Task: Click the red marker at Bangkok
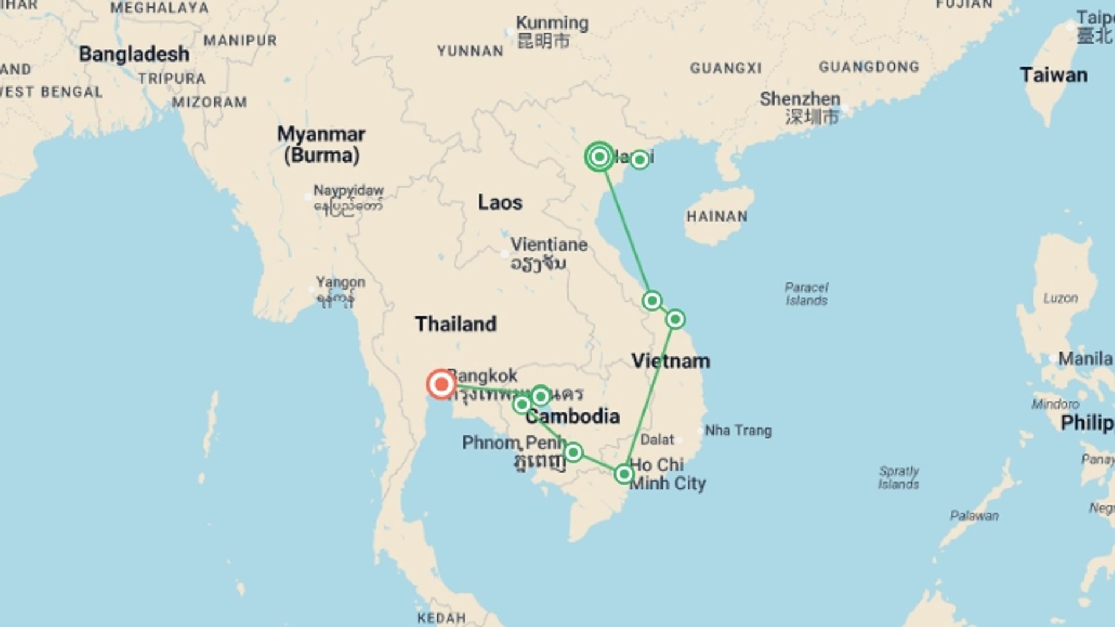[441, 384]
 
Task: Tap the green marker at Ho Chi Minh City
[624, 474]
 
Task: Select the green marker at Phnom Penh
[573, 452]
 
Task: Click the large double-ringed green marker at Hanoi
[599, 157]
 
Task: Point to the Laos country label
[500, 203]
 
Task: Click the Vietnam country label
[671, 361]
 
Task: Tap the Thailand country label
[456, 324]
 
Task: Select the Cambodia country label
[573, 416]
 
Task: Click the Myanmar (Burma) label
[321, 145]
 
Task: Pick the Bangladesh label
[134, 54]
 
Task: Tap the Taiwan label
[1053, 75]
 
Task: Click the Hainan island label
[717, 217]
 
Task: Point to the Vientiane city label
[549, 245]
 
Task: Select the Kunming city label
[552, 23]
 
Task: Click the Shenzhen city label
[800, 99]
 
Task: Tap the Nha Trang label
[738, 431]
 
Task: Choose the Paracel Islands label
[807, 294]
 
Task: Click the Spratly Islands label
[898, 477]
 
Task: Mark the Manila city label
[1085, 359]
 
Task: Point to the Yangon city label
[341, 283]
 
